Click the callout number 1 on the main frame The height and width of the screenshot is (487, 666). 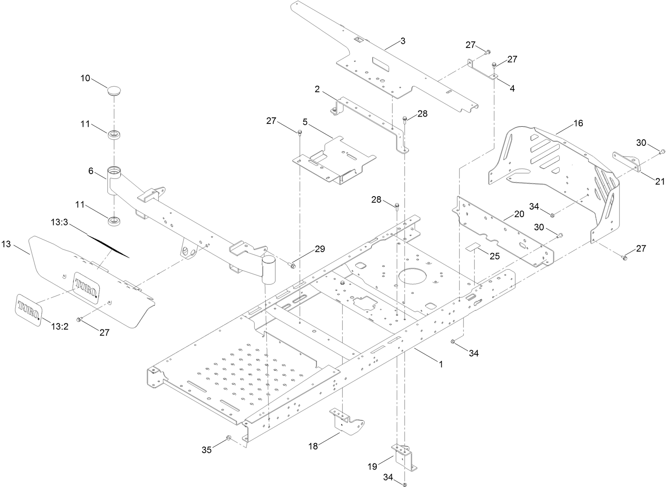(x=441, y=364)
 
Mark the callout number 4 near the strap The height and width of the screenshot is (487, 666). (x=512, y=88)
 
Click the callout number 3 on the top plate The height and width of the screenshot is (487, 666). (x=402, y=41)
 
